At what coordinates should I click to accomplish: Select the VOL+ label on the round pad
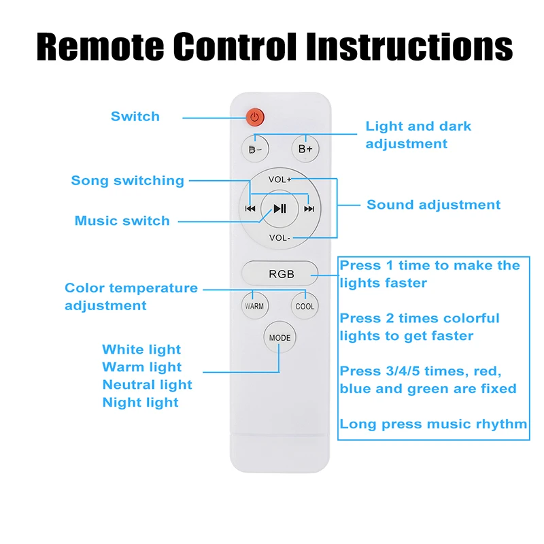pos(279,180)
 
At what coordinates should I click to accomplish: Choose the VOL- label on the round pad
pos(279,237)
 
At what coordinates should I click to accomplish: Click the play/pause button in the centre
pos(279,209)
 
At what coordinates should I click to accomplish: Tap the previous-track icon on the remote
pos(250,209)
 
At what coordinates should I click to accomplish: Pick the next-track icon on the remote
pos(309,209)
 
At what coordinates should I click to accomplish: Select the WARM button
pos(254,306)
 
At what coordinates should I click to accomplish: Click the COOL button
pos(305,306)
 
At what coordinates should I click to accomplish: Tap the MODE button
pos(279,338)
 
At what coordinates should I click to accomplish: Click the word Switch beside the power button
pos(135,116)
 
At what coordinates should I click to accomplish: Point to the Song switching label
pos(128,180)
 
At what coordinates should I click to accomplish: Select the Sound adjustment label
pos(433,205)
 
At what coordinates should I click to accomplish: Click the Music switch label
pos(122,220)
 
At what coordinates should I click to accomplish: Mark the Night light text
pos(141,403)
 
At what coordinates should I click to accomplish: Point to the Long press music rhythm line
pos(433,424)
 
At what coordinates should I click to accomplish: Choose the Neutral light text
pos(148,385)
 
